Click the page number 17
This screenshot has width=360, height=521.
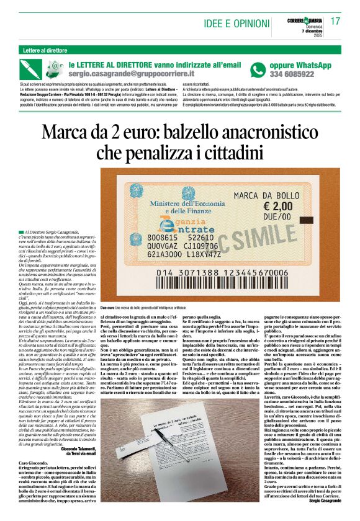tap(336, 22)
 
